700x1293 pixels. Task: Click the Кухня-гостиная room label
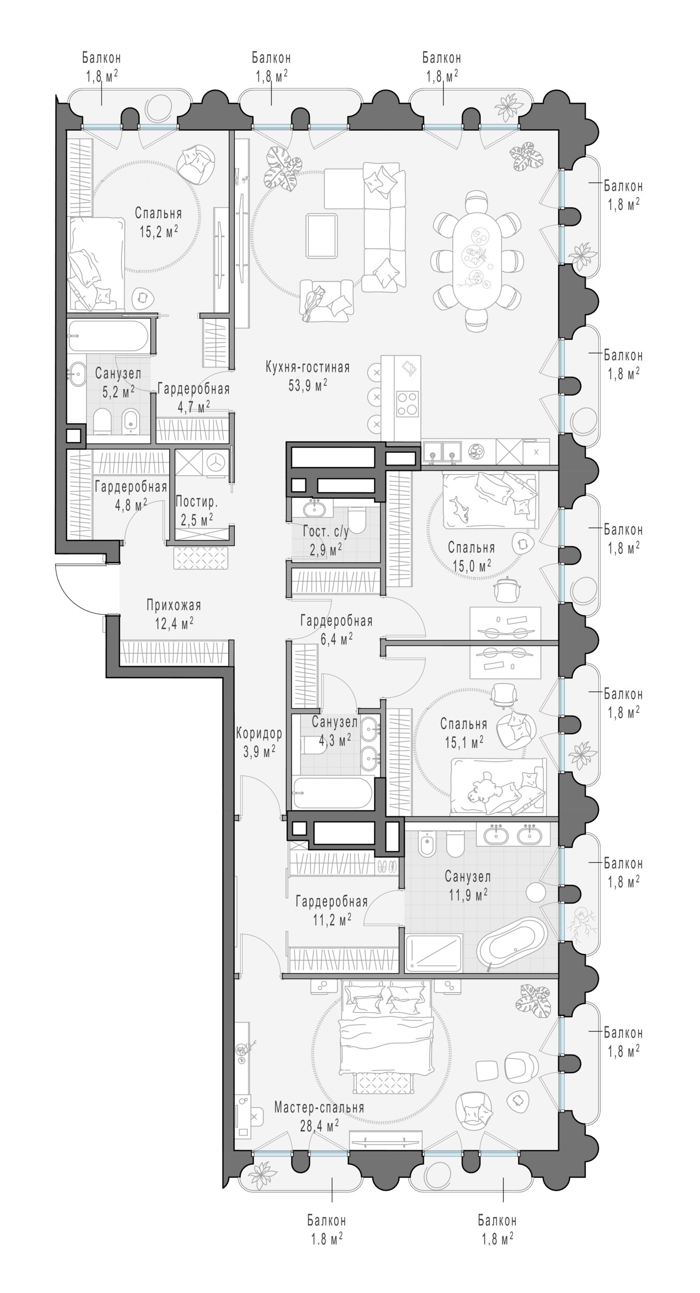(307, 367)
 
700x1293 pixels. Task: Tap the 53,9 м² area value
(307, 386)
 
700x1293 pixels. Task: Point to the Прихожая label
(173, 605)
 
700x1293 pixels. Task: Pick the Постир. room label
(197, 501)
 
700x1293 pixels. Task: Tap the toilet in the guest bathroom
(356, 518)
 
